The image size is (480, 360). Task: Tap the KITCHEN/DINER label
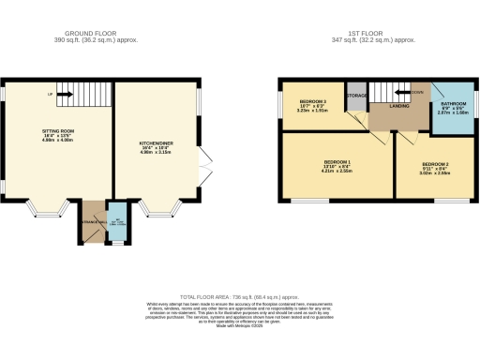point(157,144)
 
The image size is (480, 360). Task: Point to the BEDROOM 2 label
point(433,165)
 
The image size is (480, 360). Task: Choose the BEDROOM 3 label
point(312,100)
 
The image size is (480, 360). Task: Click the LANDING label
point(387,107)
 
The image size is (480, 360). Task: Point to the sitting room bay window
point(43,204)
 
